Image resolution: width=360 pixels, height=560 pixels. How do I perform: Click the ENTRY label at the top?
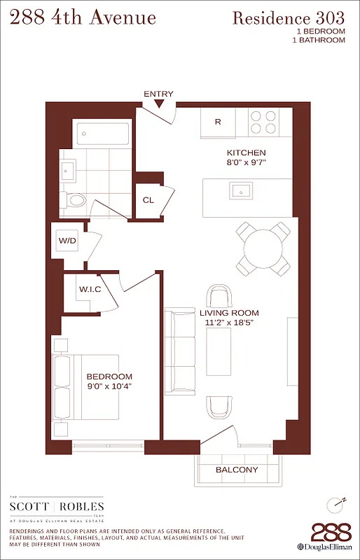click(158, 94)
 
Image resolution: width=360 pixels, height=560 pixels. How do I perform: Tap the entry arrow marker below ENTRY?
click(159, 105)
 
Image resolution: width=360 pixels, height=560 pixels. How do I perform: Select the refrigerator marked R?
click(218, 122)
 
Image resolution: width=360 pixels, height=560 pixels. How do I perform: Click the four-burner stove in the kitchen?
click(263, 122)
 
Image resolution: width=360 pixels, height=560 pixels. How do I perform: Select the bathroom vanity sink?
click(69, 170)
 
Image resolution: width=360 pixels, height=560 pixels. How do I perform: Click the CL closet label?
click(148, 200)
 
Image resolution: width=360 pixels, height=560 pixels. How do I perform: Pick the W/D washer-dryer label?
click(67, 241)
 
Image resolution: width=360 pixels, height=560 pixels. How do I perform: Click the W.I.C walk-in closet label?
click(91, 288)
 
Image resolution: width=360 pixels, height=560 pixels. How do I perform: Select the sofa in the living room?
click(180, 351)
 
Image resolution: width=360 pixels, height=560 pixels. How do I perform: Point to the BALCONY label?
click(237, 470)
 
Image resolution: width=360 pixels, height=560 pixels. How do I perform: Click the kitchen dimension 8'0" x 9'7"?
click(246, 163)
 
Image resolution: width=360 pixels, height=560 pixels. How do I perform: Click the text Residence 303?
click(289, 19)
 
